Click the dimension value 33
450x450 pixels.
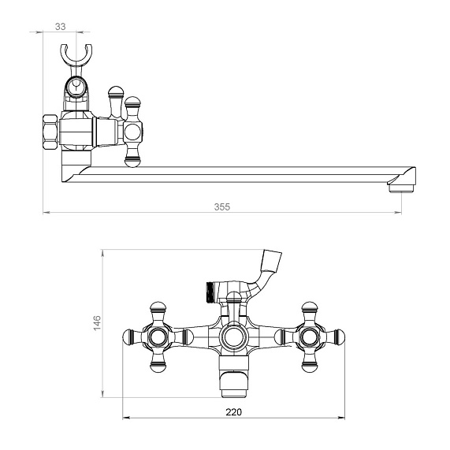(x=60, y=27)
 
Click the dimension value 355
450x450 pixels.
(x=222, y=206)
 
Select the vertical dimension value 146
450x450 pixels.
(x=97, y=322)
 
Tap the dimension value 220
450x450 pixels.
(x=233, y=412)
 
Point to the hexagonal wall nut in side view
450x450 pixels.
(x=50, y=132)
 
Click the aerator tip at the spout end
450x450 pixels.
(x=402, y=188)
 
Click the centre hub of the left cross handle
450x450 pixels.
(x=158, y=337)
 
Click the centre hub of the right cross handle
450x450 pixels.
(x=310, y=337)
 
